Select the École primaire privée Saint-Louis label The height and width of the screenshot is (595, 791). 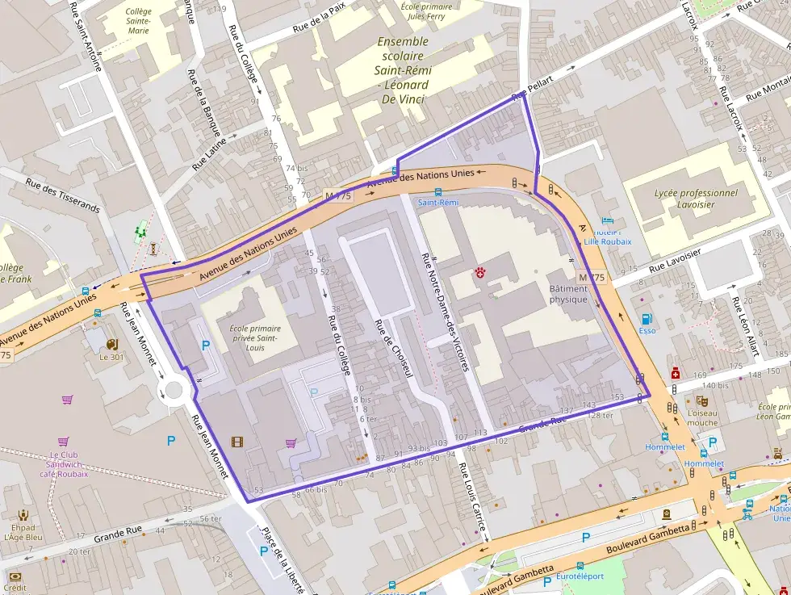click(x=255, y=337)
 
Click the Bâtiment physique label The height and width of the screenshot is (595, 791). click(x=568, y=293)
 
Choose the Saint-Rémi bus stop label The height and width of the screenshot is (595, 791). click(x=437, y=203)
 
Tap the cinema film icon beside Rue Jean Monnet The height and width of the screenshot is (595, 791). click(x=236, y=441)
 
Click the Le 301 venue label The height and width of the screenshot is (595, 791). click(x=111, y=357)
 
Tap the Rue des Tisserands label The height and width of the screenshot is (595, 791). click(x=63, y=195)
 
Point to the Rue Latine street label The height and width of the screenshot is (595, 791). click(x=209, y=153)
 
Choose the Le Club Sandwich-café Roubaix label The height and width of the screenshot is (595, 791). click(x=63, y=464)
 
